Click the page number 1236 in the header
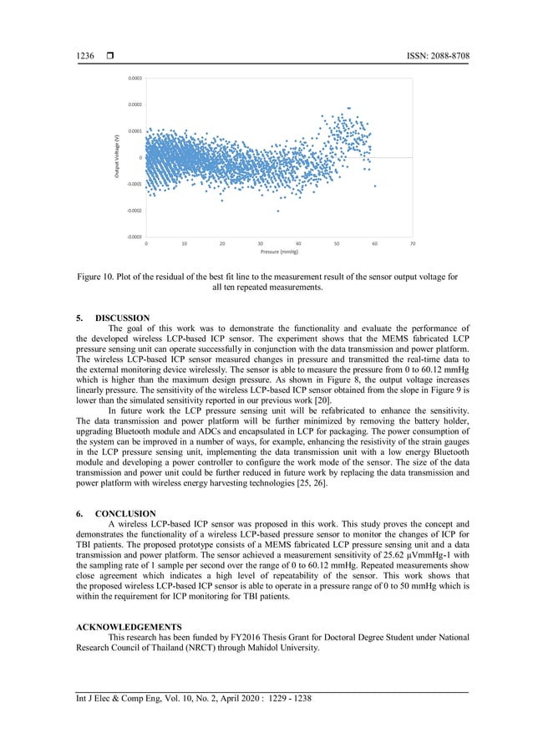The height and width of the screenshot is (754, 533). pos(84,55)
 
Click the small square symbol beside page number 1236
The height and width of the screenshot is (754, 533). pos(109,55)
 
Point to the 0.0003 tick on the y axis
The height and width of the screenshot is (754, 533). pos(135,78)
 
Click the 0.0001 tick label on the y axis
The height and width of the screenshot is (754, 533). pos(135,131)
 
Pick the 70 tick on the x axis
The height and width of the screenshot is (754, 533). pos(413,244)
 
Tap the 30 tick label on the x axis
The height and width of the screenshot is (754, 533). pos(261,244)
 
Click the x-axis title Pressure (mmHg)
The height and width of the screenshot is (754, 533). pos(279,252)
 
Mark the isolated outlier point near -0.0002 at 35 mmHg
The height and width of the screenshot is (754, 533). pos(278,211)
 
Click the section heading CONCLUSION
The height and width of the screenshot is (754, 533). pos(125,513)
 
